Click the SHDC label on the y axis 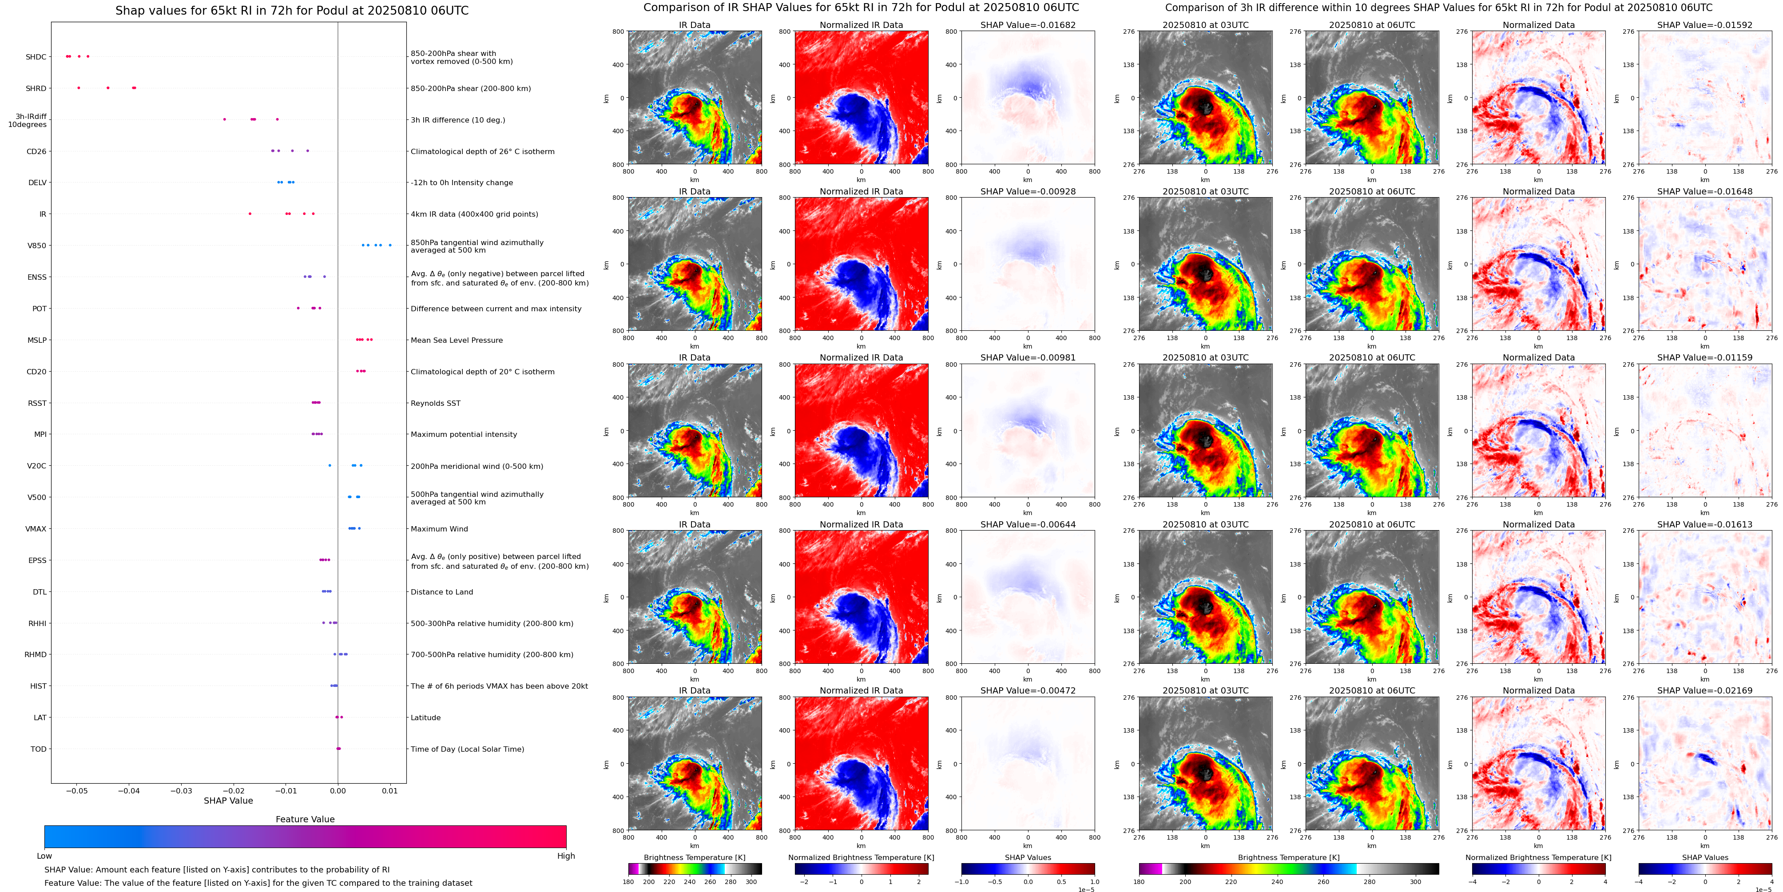36,57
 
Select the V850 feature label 37,246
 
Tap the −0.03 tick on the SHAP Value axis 181,790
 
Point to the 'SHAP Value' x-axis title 228,801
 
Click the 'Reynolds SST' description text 435,404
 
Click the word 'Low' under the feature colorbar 44,856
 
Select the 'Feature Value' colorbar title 305,819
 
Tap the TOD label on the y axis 38,749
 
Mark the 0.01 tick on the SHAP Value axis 390,790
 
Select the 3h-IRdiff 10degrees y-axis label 28,120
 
